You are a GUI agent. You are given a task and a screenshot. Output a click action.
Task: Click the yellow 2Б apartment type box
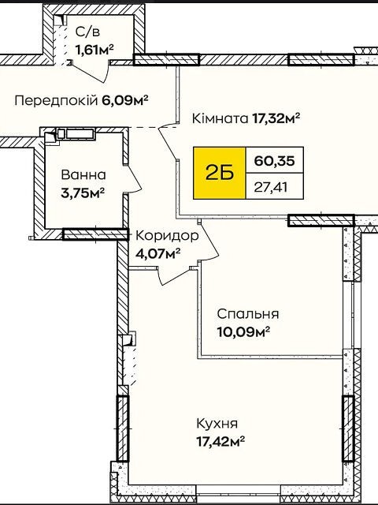tap(220, 173)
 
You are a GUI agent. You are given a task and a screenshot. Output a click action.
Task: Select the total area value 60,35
tap(274, 160)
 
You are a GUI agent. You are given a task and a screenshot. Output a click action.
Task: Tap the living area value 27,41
tap(270, 187)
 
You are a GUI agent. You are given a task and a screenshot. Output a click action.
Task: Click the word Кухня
tap(217, 423)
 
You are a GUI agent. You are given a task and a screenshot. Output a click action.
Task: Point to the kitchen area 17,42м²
tap(220, 440)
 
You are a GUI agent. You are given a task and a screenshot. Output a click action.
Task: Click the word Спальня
tap(248, 314)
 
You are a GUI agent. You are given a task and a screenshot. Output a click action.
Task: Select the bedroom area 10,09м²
tap(243, 331)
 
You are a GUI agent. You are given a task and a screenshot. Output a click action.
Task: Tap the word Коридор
tap(167, 236)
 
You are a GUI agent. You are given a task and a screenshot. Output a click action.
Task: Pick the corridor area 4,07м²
tap(157, 253)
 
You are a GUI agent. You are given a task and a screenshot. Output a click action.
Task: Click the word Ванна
tap(83, 175)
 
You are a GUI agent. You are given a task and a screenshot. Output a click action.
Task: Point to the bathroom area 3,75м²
tap(83, 193)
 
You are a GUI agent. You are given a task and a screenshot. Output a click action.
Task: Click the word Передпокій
tap(56, 101)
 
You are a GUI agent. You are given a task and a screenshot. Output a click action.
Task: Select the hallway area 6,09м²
tap(125, 101)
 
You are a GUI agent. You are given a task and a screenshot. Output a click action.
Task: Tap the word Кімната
tap(220, 118)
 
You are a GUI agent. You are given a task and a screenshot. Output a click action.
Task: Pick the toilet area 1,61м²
tap(94, 50)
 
